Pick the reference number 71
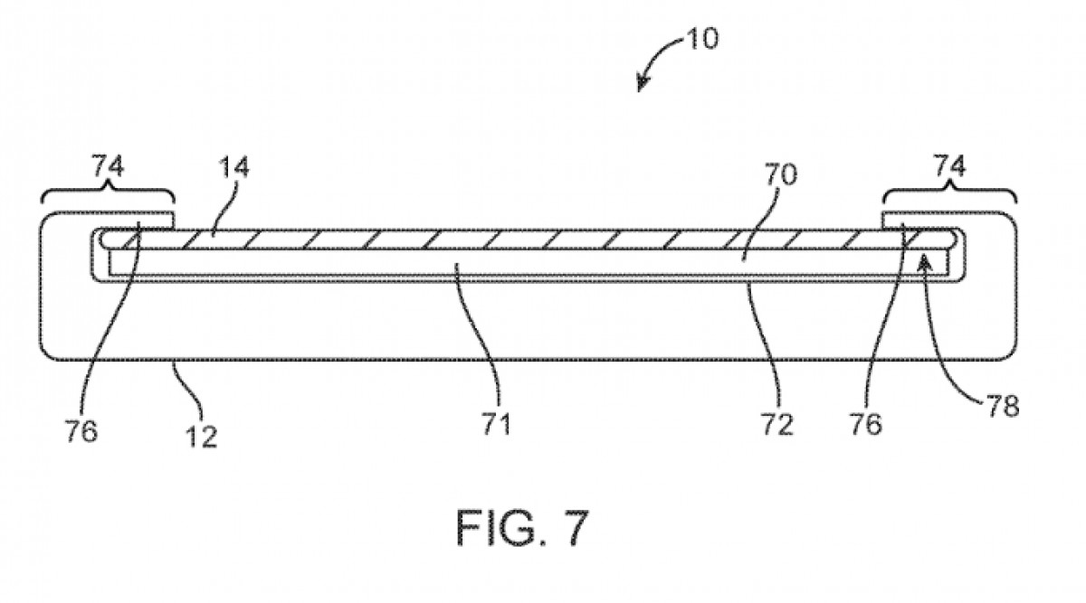tap(496, 423)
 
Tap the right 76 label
tap(865, 423)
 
